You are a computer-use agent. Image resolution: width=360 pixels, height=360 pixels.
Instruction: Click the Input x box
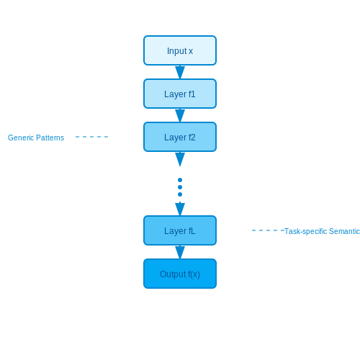(180, 50)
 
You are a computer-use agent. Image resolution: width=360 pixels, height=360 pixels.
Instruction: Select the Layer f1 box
(180, 94)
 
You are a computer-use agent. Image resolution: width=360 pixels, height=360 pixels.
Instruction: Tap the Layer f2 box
(180, 137)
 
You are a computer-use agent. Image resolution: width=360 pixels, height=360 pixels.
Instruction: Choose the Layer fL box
(180, 230)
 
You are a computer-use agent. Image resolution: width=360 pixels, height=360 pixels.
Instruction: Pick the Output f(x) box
(180, 274)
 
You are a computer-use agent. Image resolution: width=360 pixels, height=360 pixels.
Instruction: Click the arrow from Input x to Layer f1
(180, 72)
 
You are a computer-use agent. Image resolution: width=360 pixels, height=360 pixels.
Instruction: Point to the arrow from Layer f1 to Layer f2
(180, 115)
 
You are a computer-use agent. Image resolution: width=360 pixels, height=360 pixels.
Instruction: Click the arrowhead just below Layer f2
(180, 159)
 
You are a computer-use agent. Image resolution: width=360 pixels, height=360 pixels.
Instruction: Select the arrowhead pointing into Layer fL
(180, 209)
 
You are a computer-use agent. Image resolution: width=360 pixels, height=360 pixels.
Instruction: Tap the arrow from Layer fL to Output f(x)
(180, 252)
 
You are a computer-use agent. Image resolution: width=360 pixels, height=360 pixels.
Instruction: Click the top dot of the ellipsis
(180, 180)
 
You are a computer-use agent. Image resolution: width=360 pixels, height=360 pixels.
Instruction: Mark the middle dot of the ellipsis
(180, 187)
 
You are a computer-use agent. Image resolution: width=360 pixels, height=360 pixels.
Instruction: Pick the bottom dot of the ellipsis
(180, 194)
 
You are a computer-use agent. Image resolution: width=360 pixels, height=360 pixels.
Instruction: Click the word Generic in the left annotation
(21, 138)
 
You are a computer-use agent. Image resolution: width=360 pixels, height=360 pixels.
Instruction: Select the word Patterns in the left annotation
(50, 138)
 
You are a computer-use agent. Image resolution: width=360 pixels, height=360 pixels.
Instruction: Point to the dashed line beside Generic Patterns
(91, 137)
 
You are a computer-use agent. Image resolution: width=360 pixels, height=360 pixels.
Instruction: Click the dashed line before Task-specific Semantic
(268, 230)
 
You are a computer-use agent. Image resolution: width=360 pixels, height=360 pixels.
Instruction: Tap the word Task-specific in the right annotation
(305, 231)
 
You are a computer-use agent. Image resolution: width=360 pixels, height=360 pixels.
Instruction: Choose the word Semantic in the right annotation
(344, 231)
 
